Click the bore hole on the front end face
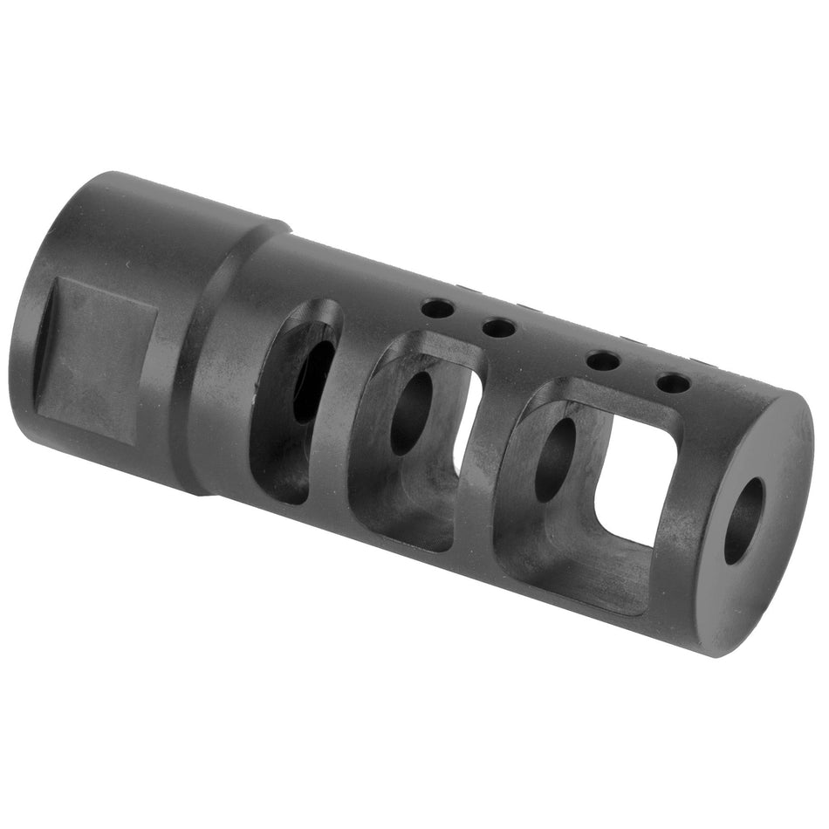pos(743,520)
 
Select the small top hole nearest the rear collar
pos(437,308)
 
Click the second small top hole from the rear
pos(498,328)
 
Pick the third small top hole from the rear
pos(603,360)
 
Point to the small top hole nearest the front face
pos(673,382)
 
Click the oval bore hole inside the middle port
pos(411,413)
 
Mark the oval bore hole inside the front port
pos(555,459)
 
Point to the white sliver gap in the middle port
pos(467,419)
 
